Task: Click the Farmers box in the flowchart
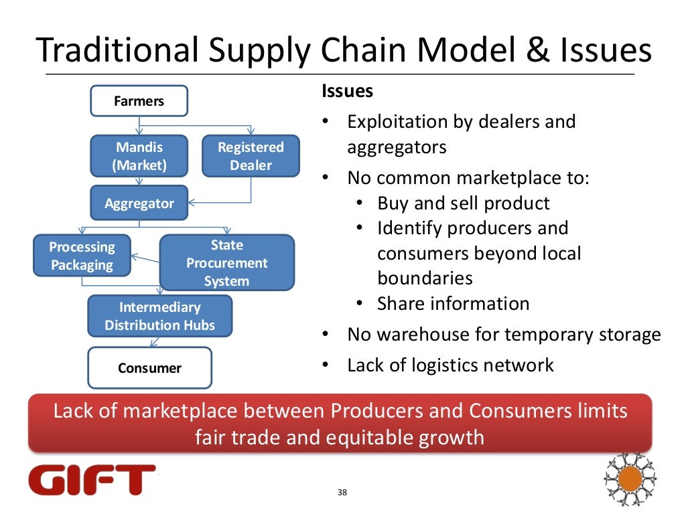139,101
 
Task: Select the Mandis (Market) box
139,156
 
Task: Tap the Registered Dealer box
251,156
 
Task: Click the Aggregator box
139,203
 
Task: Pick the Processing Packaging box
82,256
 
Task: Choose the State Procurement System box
226,263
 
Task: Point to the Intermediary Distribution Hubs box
159,316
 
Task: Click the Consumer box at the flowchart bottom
149,367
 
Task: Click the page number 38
342,493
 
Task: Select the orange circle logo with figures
630,479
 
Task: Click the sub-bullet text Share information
453,304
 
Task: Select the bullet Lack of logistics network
450,365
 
